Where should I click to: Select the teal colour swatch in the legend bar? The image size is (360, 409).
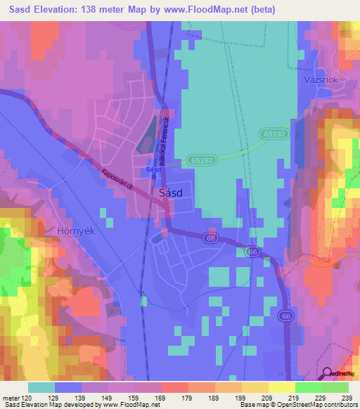click(41, 387)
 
